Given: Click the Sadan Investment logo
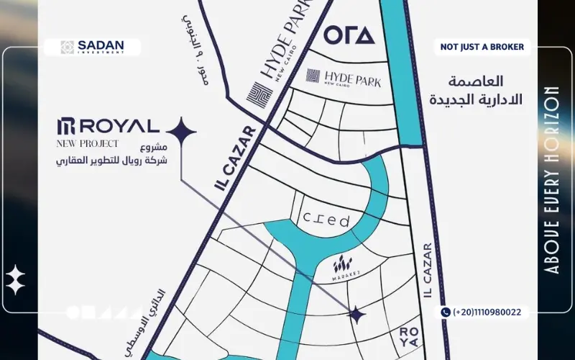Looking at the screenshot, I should pos(93,47).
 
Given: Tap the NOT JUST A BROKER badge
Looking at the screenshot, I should pos(482,48).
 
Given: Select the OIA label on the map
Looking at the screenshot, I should pos(349,35).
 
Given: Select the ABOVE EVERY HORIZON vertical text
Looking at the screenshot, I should pos(552,179).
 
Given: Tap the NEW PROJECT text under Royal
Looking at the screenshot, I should pos(87,144).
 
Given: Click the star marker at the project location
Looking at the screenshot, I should pos(356,314).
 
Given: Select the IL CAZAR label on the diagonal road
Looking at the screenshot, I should pos(235,158).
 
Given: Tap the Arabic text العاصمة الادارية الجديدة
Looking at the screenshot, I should pos(476,90).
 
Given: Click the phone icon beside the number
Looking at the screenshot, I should pos(446,312).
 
